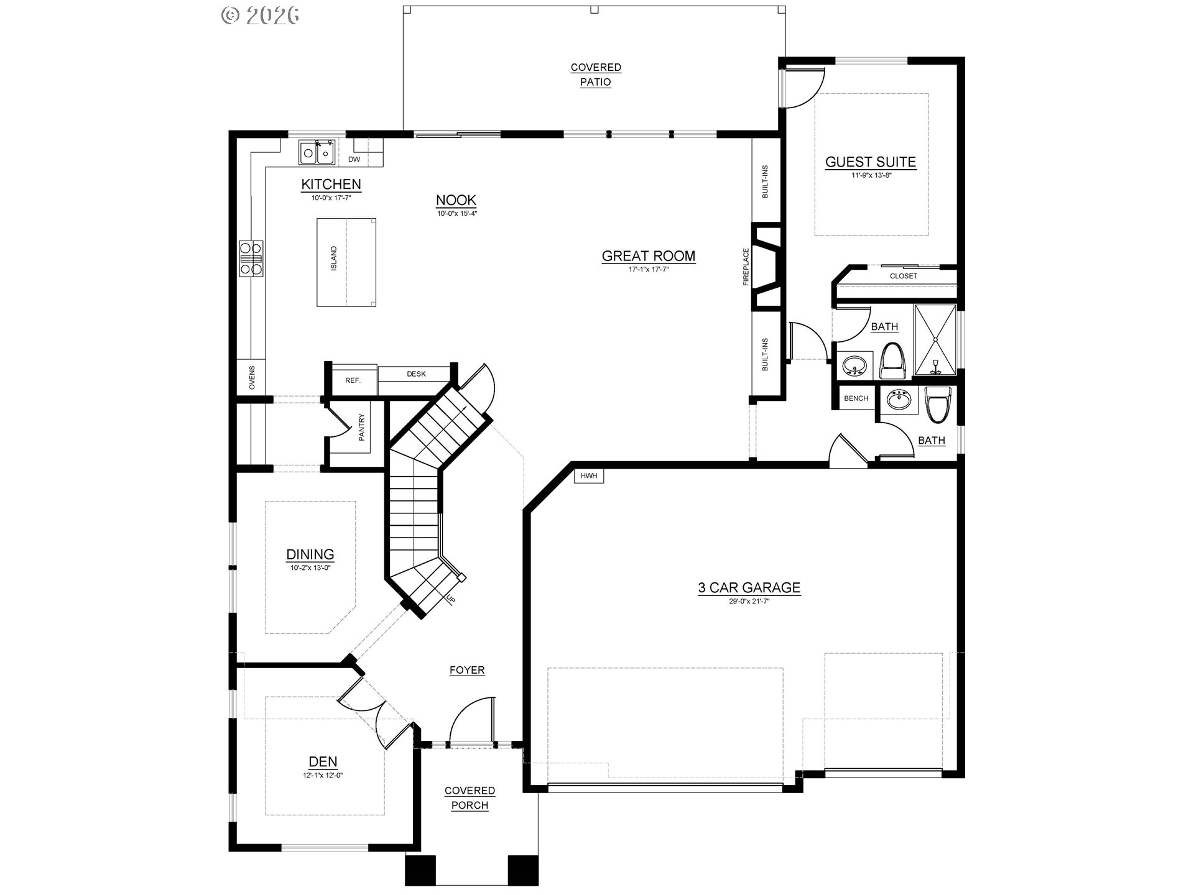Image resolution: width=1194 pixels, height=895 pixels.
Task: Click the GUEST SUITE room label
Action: [x=870, y=162]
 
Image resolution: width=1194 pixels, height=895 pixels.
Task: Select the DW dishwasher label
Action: [x=354, y=160]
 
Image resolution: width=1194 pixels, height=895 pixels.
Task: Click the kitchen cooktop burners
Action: [x=251, y=257]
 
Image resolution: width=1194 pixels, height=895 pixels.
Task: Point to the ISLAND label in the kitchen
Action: [x=334, y=258]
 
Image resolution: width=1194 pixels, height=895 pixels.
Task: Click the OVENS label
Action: [x=252, y=377]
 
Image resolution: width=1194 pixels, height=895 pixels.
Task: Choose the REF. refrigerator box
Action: [x=353, y=380]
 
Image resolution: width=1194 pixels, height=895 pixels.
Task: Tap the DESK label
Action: [x=416, y=374]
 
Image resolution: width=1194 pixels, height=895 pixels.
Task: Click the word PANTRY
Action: [x=362, y=428]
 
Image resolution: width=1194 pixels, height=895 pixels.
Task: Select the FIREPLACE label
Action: [x=746, y=267]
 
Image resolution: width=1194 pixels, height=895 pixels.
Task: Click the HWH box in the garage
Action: [x=588, y=476]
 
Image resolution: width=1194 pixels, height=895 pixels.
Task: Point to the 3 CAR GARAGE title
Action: [x=749, y=587]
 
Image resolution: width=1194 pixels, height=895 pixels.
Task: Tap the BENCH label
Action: [x=856, y=398]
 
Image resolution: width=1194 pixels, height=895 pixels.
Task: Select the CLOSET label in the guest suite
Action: [x=903, y=276]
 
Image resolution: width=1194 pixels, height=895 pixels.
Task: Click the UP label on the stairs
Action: [x=450, y=599]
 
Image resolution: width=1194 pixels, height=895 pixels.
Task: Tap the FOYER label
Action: [x=467, y=670]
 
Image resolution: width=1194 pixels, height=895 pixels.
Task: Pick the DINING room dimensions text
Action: [x=310, y=567]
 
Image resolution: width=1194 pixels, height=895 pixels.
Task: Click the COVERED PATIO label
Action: [x=596, y=75]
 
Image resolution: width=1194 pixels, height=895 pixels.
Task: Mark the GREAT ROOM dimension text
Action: [x=649, y=270]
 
